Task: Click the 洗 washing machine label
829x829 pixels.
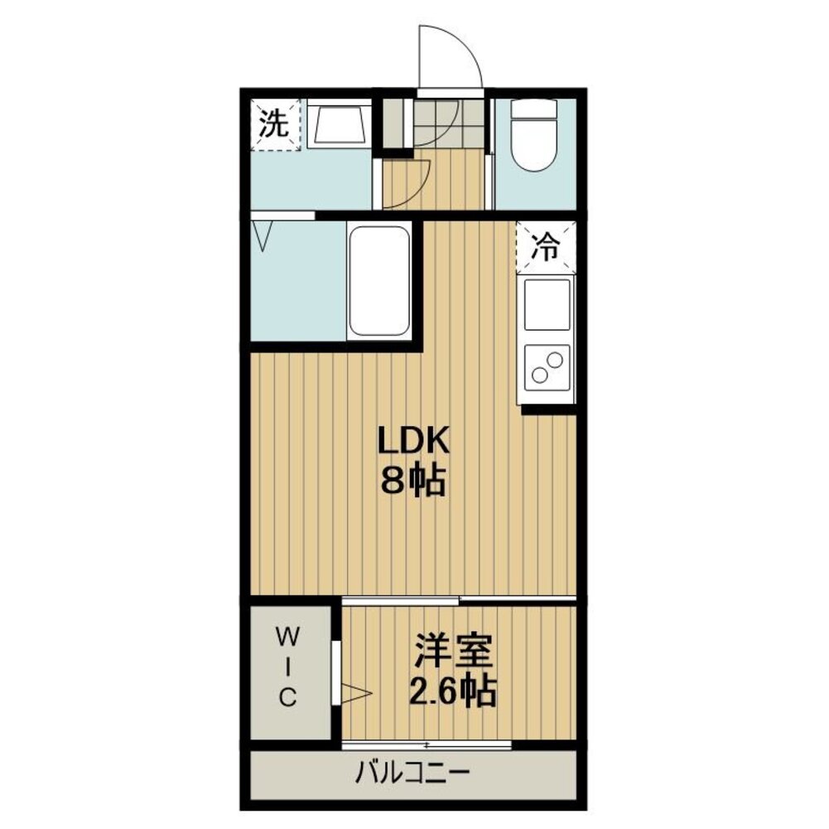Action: (274, 124)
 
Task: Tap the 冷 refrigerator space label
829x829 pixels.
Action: (546, 247)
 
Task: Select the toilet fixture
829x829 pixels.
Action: (534, 135)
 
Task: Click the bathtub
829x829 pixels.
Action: (379, 282)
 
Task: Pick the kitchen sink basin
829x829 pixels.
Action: (547, 304)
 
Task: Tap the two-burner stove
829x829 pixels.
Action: (547, 367)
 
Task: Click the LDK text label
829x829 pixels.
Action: (412, 440)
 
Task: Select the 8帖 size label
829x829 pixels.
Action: (413, 481)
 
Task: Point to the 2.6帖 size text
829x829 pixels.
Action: (453, 691)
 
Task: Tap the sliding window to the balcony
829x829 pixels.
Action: (427, 746)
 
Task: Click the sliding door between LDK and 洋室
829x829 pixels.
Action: (459, 599)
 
